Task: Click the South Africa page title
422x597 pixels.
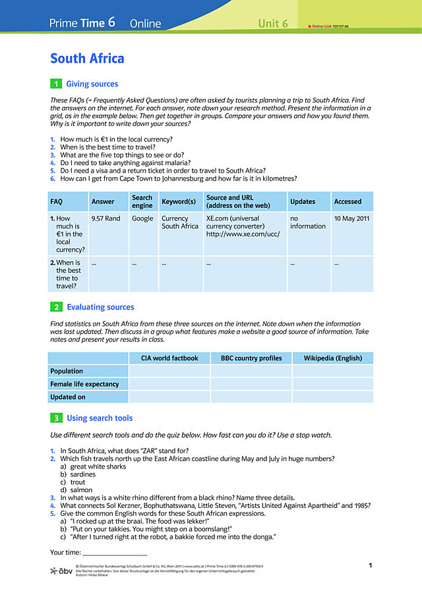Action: (x=87, y=59)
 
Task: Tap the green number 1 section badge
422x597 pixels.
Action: (x=56, y=84)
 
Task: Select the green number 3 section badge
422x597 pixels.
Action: (x=56, y=418)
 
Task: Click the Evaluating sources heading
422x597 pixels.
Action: (x=100, y=307)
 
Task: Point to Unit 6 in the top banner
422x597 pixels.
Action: (x=273, y=24)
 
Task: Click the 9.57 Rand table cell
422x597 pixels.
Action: (x=105, y=218)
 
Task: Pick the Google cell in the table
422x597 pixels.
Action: (x=142, y=218)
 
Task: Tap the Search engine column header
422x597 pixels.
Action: (x=142, y=201)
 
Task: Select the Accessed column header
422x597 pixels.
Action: (x=347, y=201)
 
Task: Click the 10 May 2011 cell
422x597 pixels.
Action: (x=351, y=218)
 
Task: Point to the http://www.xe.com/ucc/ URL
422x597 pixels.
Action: (x=243, y=234)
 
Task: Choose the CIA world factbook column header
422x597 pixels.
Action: (x=169, y=358)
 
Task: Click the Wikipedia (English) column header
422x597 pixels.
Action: (x=332, y=358)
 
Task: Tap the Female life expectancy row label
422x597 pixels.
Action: (x=84, y=384)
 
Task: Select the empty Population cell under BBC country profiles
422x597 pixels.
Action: (x=251, y=371)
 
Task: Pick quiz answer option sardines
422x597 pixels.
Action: (x=82, y=474)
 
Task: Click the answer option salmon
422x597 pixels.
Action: (x=81, y=490)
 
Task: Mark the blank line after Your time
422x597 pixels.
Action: (x=114, y=553)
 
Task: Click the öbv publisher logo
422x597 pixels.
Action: (x=61, y=570)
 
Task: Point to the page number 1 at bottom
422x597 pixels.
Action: (x=371, y=565)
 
